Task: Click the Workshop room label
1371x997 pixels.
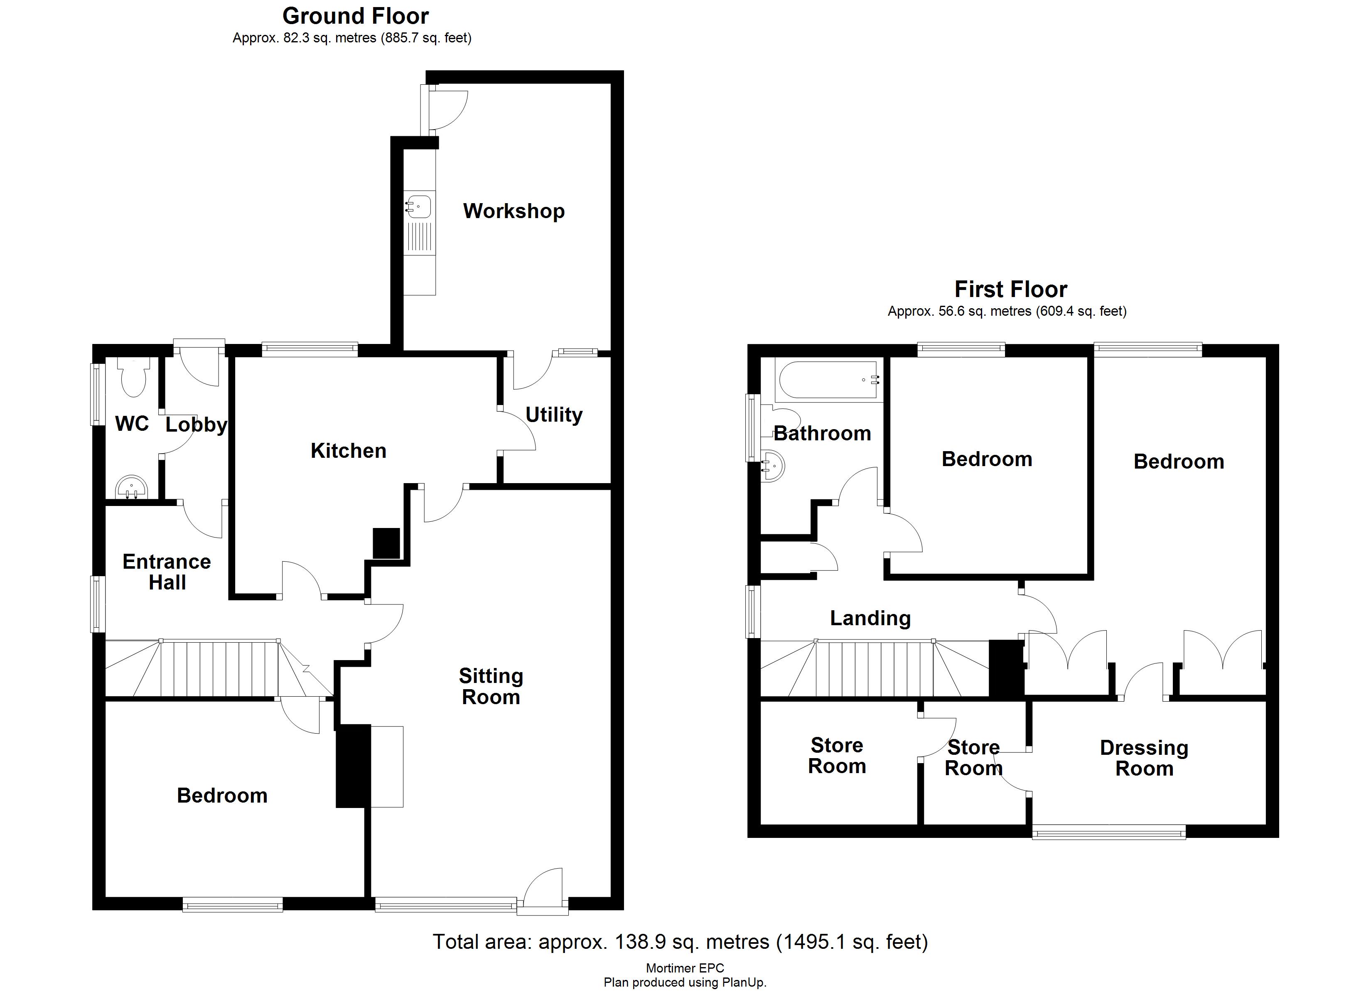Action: coord(514,211)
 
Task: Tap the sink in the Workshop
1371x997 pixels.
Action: coord(419,206)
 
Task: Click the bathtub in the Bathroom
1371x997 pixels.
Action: coord(828,380)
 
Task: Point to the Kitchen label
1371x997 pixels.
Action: coord(348,450)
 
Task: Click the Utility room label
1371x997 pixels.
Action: coord(554,415)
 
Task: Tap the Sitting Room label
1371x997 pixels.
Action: coord(491,686)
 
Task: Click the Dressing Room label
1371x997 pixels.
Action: coord(1144,758)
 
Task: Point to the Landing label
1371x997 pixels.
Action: coord(870,618)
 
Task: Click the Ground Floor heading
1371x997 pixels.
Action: coord(356,16)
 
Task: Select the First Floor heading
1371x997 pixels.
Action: coord(1011,289)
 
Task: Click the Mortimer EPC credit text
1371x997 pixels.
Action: coord(685,968)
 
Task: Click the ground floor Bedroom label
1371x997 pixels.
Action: coord(222,796)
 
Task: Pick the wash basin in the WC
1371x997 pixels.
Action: coord(131,487)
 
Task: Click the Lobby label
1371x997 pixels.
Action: coord(196,425)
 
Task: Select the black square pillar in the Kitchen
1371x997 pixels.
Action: coord(386,543)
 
